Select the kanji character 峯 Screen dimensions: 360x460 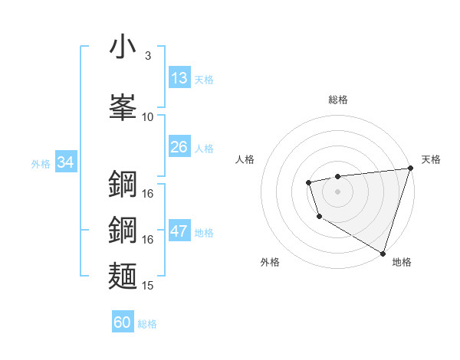tap(123, 106)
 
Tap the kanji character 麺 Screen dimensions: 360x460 tap(123, 277)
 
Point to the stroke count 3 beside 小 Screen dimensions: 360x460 tap(147, 56)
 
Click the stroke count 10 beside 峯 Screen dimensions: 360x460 tap(148, 117)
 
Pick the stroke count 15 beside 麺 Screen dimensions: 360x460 tap(148, 286)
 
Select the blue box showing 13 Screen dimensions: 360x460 tap(179, 78)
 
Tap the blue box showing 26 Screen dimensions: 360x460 tap(179, 147)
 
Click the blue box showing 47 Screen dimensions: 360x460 tap(179, 232)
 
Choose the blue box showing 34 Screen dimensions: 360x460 tap(65, 162)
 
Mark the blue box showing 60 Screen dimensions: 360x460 tap(123, 322)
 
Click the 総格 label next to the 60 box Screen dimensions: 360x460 tap(147, 324)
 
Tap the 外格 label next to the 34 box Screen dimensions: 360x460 tap(41, 163)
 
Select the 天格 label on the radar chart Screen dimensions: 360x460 tap(431, 159)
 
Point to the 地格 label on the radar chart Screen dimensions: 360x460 tap(402, 262)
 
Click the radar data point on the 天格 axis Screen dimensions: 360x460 tap(409, 168)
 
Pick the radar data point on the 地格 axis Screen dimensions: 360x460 tap(382, 252)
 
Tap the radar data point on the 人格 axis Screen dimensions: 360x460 tap(308, 182)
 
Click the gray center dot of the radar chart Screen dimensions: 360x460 tap(337, 191)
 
